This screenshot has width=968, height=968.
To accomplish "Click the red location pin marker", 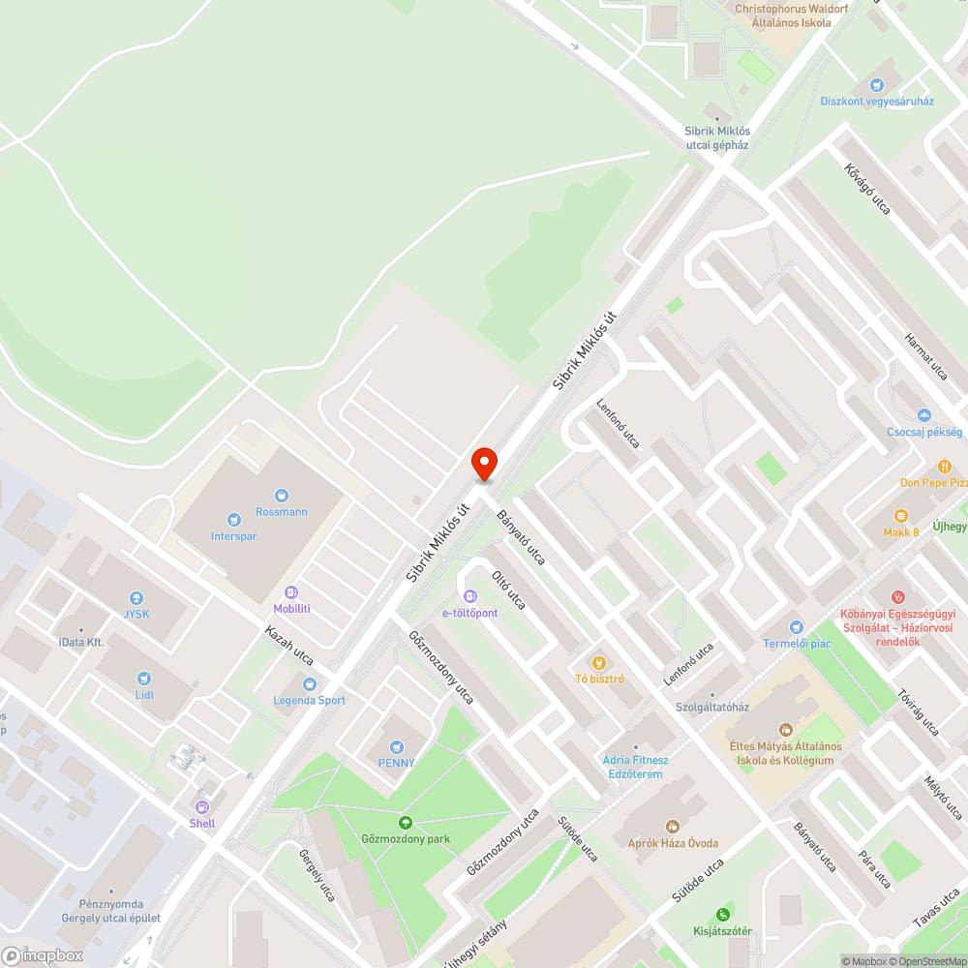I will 484,464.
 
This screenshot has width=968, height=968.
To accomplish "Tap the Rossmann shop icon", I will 282,495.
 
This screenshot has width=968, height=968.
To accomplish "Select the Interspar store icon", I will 233,519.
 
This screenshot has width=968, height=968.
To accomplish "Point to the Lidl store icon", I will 144,679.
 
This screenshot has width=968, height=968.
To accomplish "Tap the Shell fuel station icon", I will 202,806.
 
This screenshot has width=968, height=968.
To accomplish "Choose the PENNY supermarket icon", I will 396,746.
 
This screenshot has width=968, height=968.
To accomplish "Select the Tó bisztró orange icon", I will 599,662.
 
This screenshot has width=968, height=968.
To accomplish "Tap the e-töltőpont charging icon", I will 469,596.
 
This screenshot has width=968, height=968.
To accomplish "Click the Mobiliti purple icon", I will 291,591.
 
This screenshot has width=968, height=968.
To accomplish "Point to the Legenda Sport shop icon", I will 309,683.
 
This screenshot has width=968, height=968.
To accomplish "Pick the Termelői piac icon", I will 797,627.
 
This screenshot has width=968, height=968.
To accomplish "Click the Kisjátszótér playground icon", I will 722,915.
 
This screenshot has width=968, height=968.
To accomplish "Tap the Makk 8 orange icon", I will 901,516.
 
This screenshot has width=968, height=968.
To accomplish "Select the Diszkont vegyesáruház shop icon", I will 877,85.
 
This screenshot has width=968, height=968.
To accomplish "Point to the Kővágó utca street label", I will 866,189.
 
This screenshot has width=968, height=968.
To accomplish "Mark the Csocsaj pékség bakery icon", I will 924,415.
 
